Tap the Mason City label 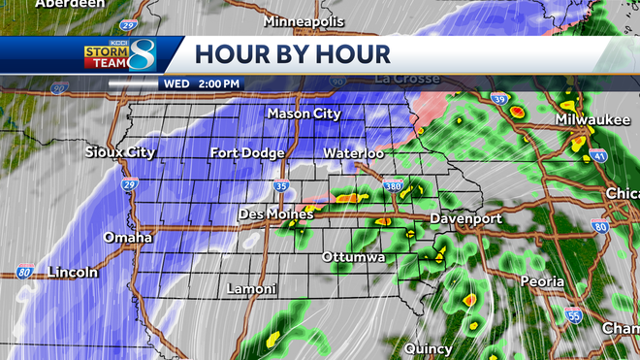coord(304,114)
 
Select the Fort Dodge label coord(247,153)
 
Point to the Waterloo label coord(354,153)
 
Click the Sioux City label coord(120,152)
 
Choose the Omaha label coord(127,238)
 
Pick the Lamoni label coord(251,289)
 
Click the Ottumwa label coord(354,257)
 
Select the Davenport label coord(465,218)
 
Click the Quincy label coord(430,348)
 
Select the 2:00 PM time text coord(218,83)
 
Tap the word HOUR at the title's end coord(349,53)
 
